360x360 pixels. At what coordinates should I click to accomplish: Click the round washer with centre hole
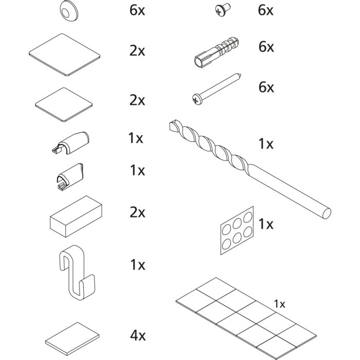[x=69, y=11]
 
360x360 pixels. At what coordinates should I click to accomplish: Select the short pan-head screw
[x=222, y=9]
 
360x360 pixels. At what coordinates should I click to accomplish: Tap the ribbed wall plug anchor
[x=217, y=52]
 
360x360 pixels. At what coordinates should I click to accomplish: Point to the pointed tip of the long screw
[x=240, y=75]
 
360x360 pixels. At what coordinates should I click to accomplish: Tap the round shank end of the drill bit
[x=326, y=213]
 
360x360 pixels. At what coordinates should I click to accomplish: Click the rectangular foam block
[x=76, y=217]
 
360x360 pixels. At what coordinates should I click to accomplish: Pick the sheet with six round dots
[x=237, y=230]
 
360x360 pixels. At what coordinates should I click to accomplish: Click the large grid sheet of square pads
[x=246, y=318]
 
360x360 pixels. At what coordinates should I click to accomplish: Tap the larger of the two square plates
[x=64, y=55]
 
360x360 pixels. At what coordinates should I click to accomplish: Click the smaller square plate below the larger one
[x=64, y=104]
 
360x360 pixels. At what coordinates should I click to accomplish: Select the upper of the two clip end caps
[x=71, y=143]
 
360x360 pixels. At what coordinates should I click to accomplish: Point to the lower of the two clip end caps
[x=70, y=176]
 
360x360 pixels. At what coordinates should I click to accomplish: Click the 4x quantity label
[x=138, y=335]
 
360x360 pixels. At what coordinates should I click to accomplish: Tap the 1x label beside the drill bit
[x=266, y=144]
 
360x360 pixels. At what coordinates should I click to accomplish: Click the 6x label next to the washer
[x=137, y=10]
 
